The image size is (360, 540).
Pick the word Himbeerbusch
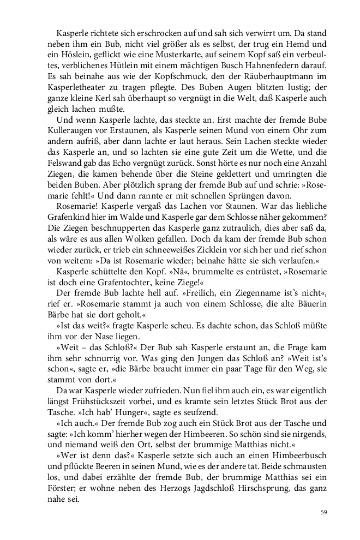tap(296, 455)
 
